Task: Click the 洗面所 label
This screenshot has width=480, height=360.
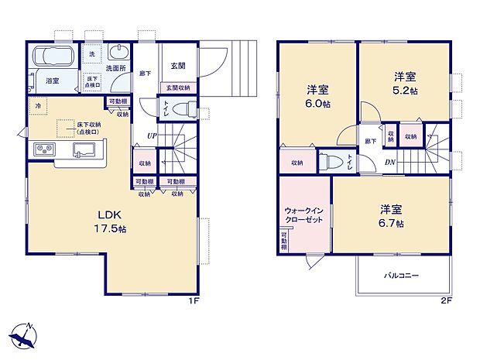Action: pos(116,67)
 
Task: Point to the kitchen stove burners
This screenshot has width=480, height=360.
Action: pos(43,149)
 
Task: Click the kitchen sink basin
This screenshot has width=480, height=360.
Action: pos(84,149)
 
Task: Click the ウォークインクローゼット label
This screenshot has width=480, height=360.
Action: pos(303,214)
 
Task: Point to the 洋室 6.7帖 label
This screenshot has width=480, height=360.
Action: pos(392,216)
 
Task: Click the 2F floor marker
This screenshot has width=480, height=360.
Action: pos(446,300)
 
